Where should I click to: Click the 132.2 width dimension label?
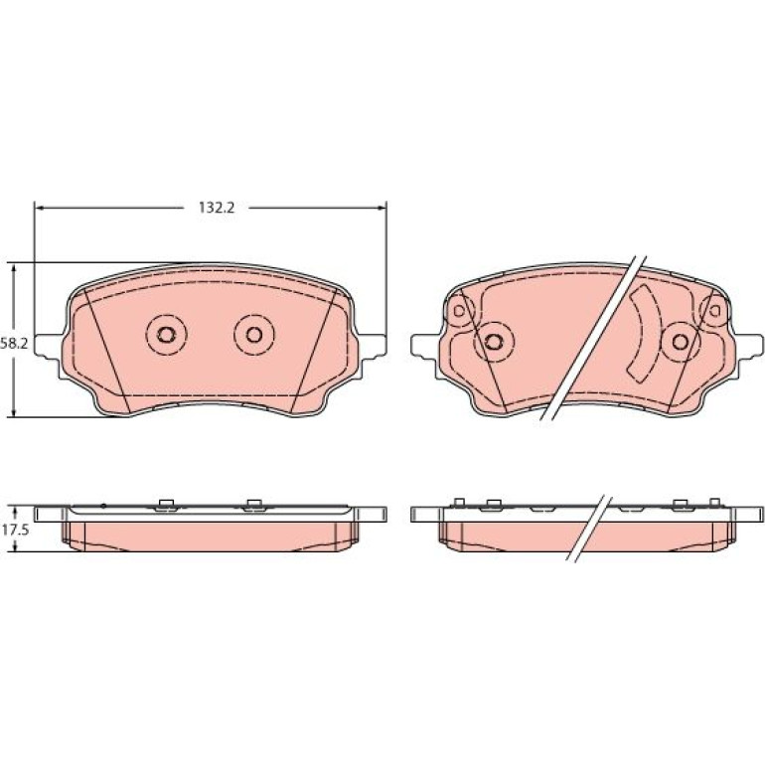[x=217, y=208]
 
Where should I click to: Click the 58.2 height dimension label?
[x=14, y=344]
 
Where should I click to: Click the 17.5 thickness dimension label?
[x=15, y=531]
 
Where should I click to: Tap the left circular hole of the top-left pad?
[x=166, y=334]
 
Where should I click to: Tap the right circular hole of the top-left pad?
[x=253, y=334]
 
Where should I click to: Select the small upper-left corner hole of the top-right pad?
[x=459, y=310]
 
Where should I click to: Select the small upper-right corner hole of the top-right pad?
[x=714, y=310]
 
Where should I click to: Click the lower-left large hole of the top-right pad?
[x=493, y=341]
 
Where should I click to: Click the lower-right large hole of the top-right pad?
[x=680, y=341]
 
